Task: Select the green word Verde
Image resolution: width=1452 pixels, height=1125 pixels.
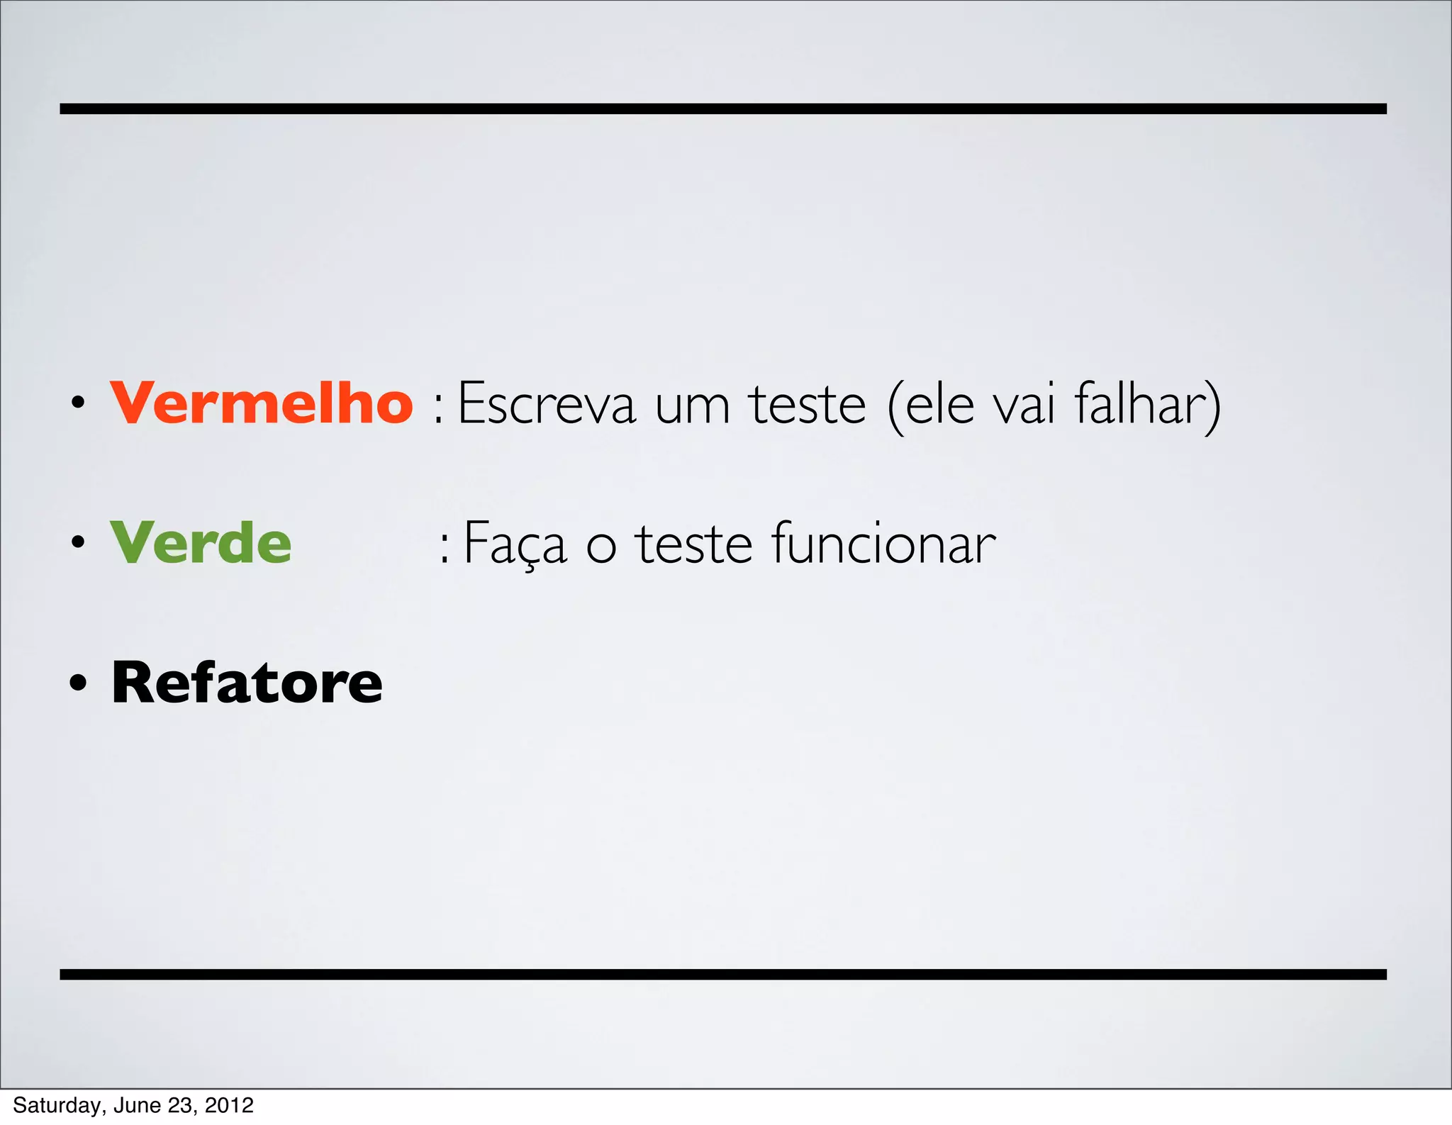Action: [x=201, y=543]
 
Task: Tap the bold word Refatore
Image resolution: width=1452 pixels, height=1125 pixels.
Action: [x=247, y=683]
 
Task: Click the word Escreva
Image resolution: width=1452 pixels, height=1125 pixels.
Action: [x=547, y=404]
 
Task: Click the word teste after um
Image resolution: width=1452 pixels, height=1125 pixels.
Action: [x=808, y=404]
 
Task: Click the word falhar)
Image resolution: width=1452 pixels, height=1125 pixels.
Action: [x=1147, y=404]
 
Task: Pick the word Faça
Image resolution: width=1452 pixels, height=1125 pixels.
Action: [x=515, y=544]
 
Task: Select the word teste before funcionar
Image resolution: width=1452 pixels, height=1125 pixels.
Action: [x=693, y=544]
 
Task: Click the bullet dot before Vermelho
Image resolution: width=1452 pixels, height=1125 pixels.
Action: [x=78, y=404]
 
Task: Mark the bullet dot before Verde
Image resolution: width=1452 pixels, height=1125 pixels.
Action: [x=78, y=544]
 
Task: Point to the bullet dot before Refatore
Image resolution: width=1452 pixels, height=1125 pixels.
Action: [x=78, y=683]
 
